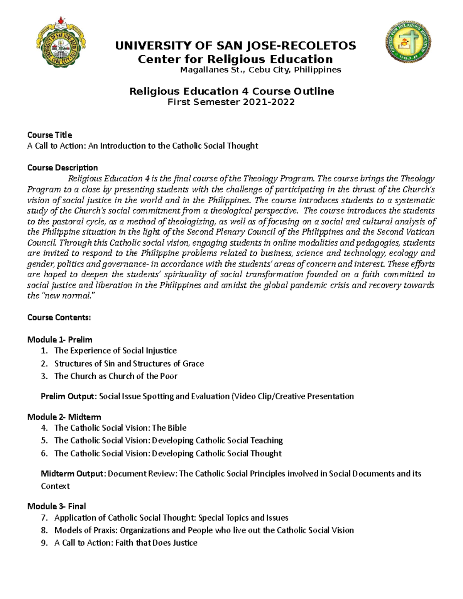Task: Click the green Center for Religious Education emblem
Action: click(408, 42)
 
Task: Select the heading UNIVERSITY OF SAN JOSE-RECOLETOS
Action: click(235, 46)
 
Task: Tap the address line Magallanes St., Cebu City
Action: click(261, 70)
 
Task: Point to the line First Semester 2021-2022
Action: click(231, 102)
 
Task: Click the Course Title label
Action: click(49, 135)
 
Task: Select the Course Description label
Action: click(62, 168)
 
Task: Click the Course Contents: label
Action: click(59, 317)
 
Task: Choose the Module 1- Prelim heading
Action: click(60, 340)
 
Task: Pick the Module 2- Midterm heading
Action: click(64, 417)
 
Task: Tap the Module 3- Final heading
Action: click(57, 506)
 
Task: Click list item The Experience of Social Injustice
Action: click(115, 351)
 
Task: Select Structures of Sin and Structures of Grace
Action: click(129, 363)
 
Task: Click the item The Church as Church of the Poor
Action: click(116, 376)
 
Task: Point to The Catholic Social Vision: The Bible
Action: click(120, 428)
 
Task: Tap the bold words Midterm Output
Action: click(72, 474)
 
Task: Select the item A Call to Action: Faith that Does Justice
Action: click(126, 543)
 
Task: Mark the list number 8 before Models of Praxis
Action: click(44, 530)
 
